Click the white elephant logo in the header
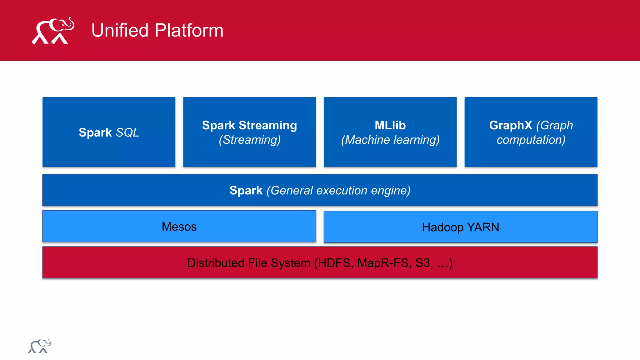click(53, 31)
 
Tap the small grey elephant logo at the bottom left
click(40, 346)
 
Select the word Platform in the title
click(189, 30)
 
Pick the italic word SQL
click(127, 132)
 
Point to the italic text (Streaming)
click(249, 140)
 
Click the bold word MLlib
click(390, 125)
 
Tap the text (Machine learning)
click(390, 140)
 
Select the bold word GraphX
click(510, 125)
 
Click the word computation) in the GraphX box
click(531, 140)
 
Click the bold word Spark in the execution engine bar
click(246, 190)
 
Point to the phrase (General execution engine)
click(338, 190)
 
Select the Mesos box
click(179, 227)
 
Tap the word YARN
click(483, 227)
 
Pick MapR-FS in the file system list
click(383, 263)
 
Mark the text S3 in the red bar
click(423, 263)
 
